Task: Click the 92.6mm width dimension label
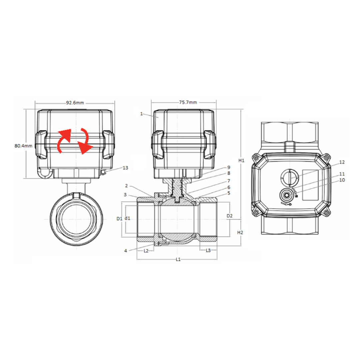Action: coord(75,103)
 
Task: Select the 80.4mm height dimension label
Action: coord(23,146)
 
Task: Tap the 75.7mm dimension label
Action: coord(188,102)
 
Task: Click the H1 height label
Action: coord(242,160)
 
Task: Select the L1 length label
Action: coord(178,259)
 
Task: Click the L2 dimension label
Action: coord(146,251)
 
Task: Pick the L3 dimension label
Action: coord(208,250)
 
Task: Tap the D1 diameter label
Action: coord(119,219)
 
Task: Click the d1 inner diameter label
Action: coord(127,218)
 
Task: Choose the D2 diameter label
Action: coord(229,216)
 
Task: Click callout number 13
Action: coord(125,168)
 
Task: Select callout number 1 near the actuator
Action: coord(141,114)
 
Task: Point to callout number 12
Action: coord(342,162)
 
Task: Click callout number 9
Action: coord(229,167)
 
